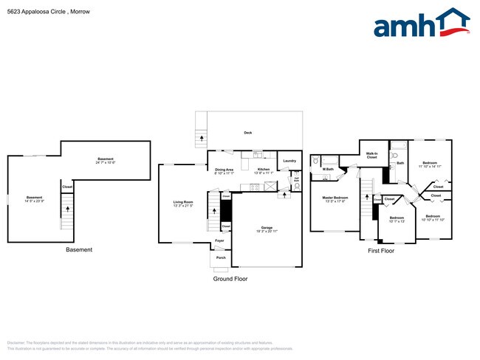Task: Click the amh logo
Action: click(422, 24)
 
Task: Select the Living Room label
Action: click(183, 203)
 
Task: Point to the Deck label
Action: click(248, 133)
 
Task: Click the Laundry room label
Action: click(289, 161)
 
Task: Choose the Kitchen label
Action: click(264, 169)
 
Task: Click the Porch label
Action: click(221, 257)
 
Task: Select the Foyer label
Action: click(219, 240)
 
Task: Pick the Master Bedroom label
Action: click(335, 198)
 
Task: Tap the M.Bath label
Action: click(328, 170)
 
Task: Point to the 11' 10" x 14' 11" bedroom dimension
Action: click(431, 167)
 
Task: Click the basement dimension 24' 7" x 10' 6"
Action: click(105, 163)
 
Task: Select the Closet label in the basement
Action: click(67, 187)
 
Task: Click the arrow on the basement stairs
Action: click(67, 210)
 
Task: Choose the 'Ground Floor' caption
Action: click(231, 280)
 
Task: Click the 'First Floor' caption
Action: click(382, 251)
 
